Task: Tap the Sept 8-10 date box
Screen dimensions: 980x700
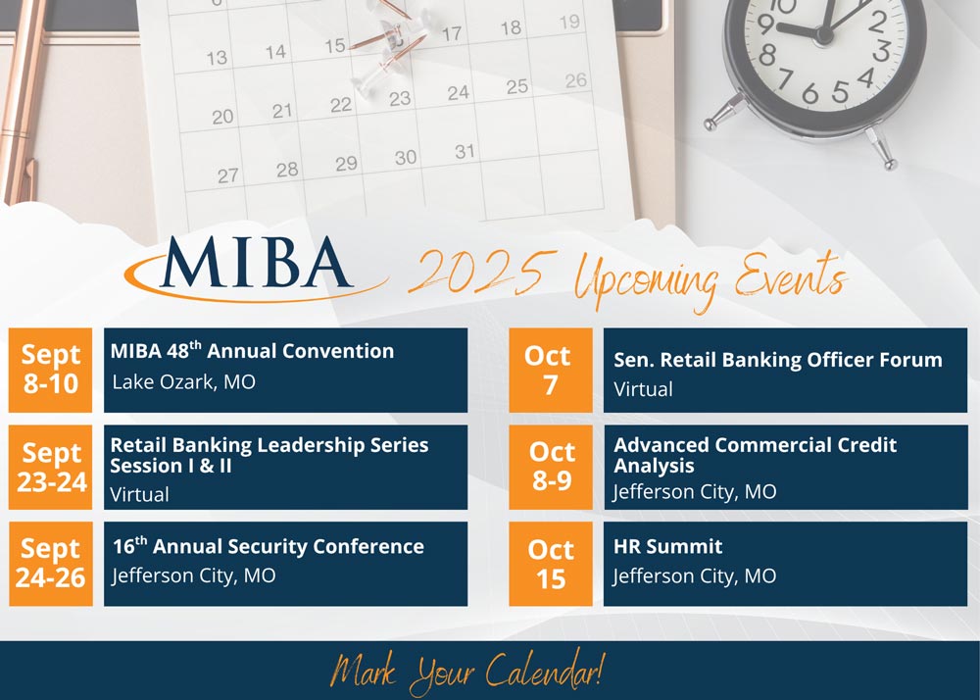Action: pyautogui.click(x=50, y=370)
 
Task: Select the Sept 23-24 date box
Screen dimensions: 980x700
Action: pyautogui.click(x=50, y=467)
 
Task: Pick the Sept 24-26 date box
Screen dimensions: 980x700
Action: pyautogui.click(x=50, y=564)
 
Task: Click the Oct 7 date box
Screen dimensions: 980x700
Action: pyautogui.click(x=551, y=370)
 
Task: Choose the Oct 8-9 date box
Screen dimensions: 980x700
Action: pyautogui.click(x=551, y=467)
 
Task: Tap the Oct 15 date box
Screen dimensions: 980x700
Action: pyautogui.click(x=551, y=564)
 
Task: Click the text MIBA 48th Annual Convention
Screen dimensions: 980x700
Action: pyautogui.click(x=253, y=351)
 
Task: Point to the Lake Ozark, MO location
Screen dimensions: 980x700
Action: pyautogui.click(x=184, y=382)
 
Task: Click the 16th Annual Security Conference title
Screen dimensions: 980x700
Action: pyautogui.click(x=269, y=546)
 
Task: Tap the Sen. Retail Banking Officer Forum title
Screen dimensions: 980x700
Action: pyautogui.click(x=778, y=360)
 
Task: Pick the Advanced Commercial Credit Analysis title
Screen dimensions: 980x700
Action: pyautogui.click(x=755, y=455)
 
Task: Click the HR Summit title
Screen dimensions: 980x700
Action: pyautogui.click(x=667, y=547)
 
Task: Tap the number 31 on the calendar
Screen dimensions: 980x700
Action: pyautogui.click(x=465, y=152)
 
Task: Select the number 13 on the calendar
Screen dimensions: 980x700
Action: pyautogui.click(x=217, y=58)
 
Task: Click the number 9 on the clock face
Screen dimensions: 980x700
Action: pyautogui.click(x=764, y=25)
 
